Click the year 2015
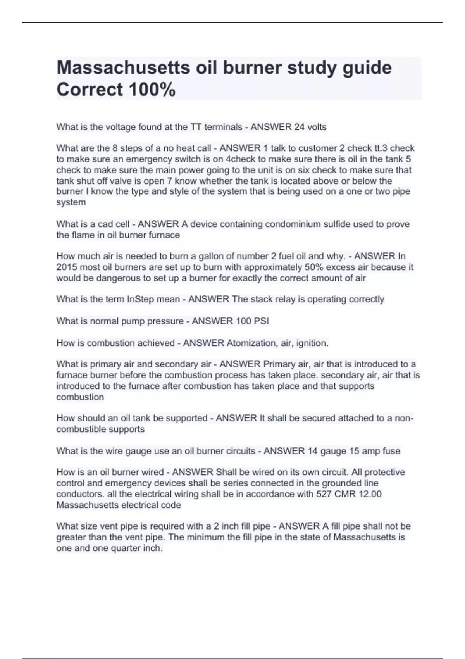point(67,267)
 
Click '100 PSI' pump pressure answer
point(250,321)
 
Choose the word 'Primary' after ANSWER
point(279,364)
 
